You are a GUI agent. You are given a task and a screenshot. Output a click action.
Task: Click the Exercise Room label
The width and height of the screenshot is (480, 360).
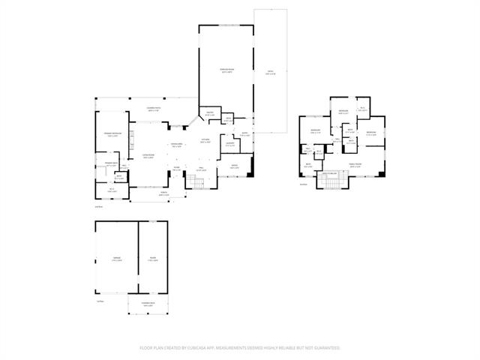(x=226, y=70)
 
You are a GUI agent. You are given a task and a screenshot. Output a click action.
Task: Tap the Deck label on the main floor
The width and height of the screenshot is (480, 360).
(x=270, y=73)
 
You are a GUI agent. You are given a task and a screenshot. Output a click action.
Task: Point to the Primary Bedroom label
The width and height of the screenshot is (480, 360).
(x=113, y=135)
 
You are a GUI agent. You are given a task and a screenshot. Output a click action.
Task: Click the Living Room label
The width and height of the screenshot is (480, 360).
(x=148, y=156)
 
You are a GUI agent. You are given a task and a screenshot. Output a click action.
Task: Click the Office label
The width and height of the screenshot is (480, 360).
(x=234, y=166)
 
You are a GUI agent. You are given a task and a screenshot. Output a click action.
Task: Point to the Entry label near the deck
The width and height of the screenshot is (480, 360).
(x=246, y=133)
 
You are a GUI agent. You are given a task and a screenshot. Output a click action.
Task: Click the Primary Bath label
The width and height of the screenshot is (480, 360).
(x=111, y=165)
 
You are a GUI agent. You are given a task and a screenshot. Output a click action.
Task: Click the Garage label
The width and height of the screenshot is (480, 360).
(x=117, y=258)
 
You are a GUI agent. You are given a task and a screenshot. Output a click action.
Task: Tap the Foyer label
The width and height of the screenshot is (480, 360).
(x=177, y=169)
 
